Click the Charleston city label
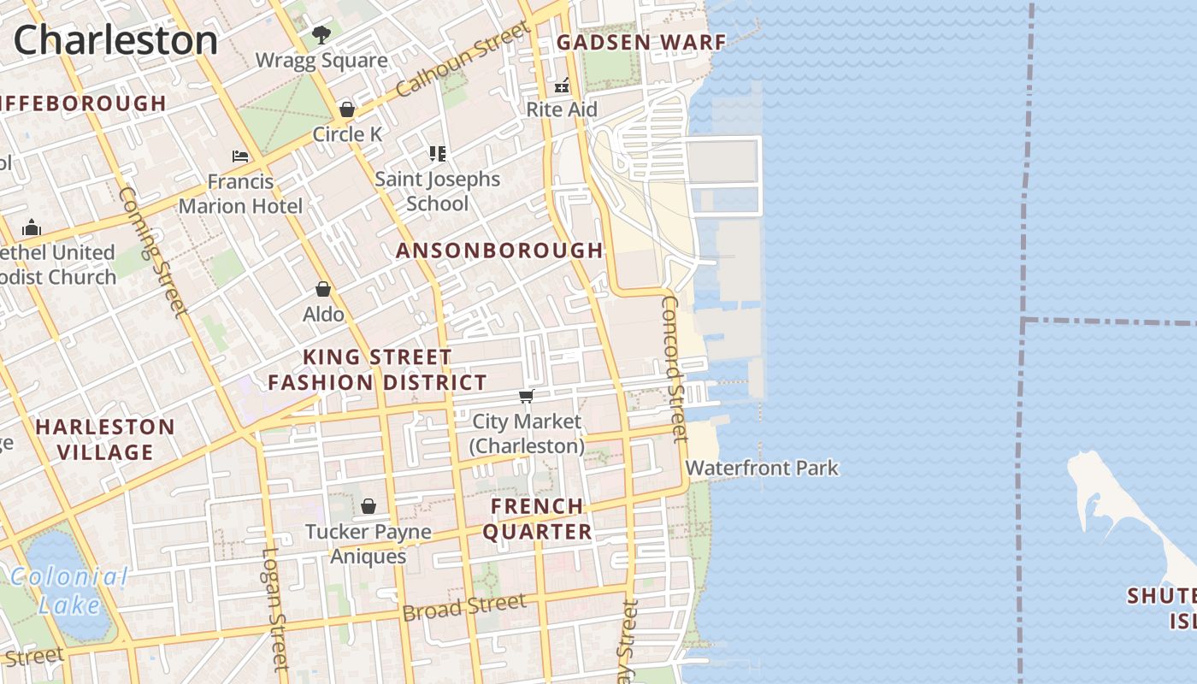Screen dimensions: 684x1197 coord(115,40)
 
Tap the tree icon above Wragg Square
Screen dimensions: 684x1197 coord(321,35)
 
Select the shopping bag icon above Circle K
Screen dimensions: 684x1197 coord(347,109)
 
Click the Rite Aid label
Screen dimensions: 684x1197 coord(562,109)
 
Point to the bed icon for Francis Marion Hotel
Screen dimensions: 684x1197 coord(240,156)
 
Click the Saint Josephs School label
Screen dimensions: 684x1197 coord(437,191)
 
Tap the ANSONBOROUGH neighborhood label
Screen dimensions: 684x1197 coord(499,251)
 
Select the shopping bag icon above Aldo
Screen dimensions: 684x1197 coord(323,290)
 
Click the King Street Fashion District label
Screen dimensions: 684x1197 coord(377,369)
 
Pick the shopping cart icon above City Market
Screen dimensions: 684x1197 coord(527,396)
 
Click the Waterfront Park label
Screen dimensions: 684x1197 coord(762,468)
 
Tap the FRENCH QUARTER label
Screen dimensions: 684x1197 coord(537,519)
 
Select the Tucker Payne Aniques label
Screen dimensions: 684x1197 coord(369,544)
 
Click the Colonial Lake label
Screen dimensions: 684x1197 coord(70,591)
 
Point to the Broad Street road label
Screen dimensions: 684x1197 coord(464,608)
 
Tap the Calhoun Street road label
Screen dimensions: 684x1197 coord(463,60)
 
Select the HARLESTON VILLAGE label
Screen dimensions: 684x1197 coord(105,439)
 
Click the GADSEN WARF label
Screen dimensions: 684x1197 coord(641,42)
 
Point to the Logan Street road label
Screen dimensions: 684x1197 coord(274,607)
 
